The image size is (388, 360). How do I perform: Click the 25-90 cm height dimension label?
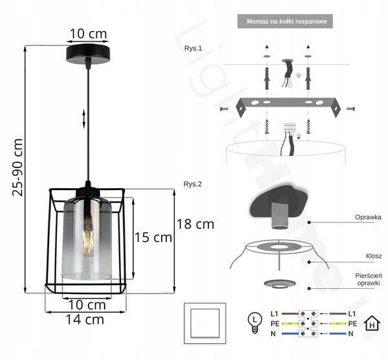(x=17, y=167)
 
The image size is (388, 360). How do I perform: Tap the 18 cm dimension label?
(x=195, y=224)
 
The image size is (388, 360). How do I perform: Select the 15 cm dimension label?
(x=153, y=237)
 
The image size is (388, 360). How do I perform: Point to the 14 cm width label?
(x=85, y=319)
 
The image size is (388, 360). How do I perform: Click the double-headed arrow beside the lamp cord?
(x=84, y=119)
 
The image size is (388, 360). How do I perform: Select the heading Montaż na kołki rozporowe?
(x=286, y=21)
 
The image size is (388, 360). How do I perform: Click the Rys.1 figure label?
(x=193, y=48)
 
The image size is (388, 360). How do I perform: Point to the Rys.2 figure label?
(x=193, y=184)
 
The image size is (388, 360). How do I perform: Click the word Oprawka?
(x=368, y=217)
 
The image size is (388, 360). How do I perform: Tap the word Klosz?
(x=374, y=256)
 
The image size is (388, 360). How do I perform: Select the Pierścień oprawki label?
(x=369, y=279)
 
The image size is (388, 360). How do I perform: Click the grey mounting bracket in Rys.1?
(x=288, y=106)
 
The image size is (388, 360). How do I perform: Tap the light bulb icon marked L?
(x=255, y=323)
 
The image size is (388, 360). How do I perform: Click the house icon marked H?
(x=372, y=323)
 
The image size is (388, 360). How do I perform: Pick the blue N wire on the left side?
(x=290, y=334)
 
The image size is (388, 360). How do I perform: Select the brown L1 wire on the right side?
(x=338, y=313)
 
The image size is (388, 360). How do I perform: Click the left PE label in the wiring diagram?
(x=275, y=324)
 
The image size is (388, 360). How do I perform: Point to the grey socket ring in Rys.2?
(x=279, y=284)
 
